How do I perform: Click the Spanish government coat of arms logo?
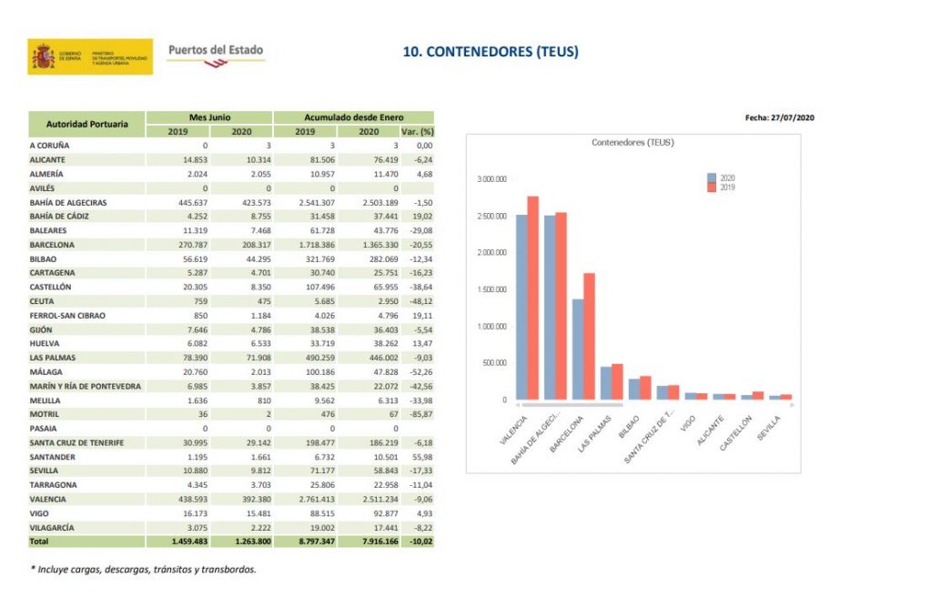pos(44,56)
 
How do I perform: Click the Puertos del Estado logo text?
pos(215,50)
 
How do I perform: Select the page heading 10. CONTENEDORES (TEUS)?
pos(490,52)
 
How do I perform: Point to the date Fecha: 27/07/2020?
pos(779,117)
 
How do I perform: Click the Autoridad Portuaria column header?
pos(86,124)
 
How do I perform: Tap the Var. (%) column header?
pos(419,131)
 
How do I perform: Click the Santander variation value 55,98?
pos(420,456)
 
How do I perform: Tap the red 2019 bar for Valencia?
pos(532,298)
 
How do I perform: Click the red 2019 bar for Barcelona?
pos(589,336)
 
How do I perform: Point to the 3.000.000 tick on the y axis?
pos(491,179)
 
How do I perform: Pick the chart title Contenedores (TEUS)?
pos(633,143)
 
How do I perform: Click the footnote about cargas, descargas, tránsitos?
pos(144,569)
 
